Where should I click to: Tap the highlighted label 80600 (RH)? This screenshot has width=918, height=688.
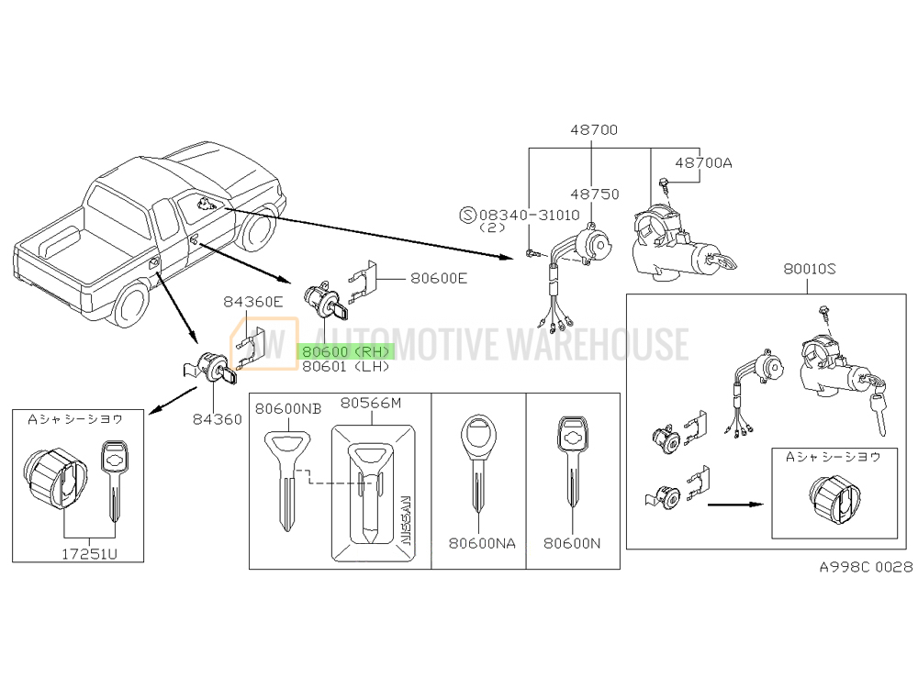coord(343,350)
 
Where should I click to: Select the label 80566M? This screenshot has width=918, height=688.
coord(372,403)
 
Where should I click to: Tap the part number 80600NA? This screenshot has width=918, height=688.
coord(481,543)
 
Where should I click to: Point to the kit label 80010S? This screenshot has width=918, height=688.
coord(812,272)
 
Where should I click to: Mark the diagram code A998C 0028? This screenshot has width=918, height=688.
coord(866,567)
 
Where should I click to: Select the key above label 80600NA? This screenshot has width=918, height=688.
coord(477,468)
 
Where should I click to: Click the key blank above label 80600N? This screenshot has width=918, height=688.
coord(571,468)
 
